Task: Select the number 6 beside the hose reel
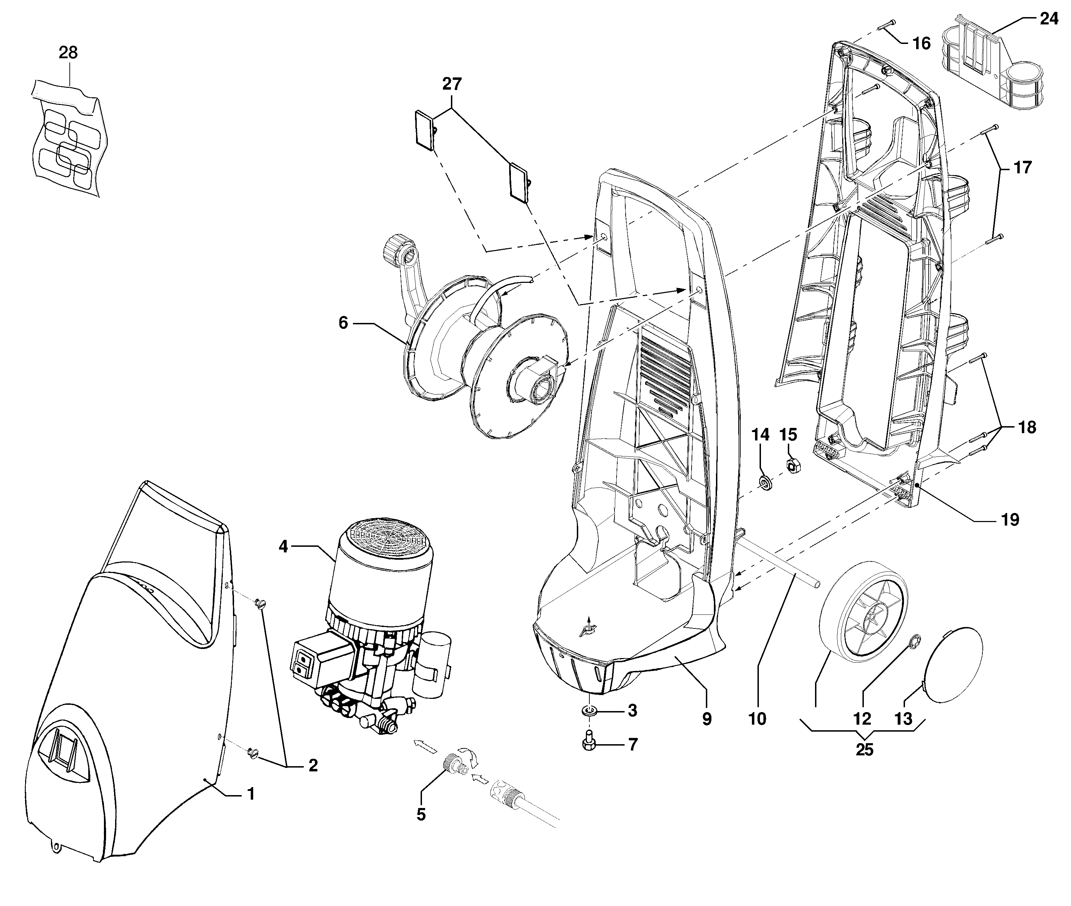343,323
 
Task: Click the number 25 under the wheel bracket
865,750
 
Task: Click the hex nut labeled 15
792,466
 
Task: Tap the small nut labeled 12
915,641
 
